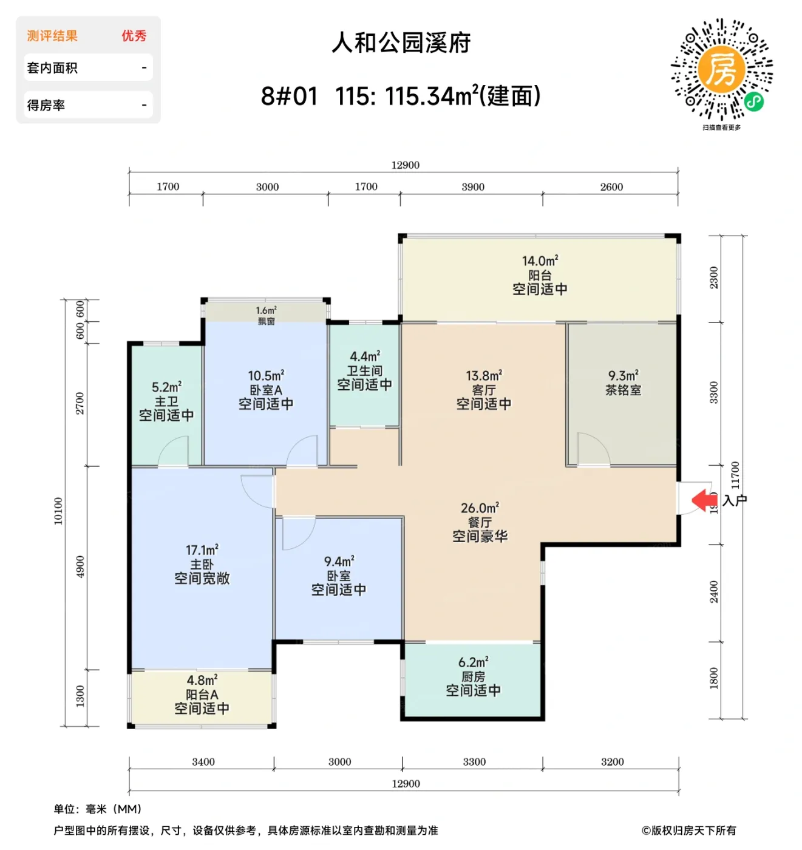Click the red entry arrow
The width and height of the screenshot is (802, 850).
[704, 500]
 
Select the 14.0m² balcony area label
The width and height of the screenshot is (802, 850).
[540, 261]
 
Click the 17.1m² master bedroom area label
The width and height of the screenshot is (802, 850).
[202, 550]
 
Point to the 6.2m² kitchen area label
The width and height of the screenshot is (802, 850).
[473, 662]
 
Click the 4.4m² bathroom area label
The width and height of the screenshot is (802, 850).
[365, 356]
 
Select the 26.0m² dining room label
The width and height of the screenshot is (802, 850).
[480, 508]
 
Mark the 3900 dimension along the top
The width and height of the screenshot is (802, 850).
[473, 187]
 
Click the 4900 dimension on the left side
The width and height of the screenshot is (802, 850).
[80, 567]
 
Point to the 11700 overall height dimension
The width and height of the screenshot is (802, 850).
[735, 475]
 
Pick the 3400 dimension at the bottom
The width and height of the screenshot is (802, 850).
[203, 762]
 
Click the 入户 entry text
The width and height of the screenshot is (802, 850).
[735, 500]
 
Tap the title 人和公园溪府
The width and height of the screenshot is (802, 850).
[401, 42]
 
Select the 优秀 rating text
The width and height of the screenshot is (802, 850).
[134, 36]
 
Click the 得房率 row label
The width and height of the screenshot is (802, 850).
[46, 105]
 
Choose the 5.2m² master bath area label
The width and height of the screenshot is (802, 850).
[166, 387]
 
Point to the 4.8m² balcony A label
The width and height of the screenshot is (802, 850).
[202, 681]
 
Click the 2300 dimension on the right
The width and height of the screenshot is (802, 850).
[714, 277]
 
